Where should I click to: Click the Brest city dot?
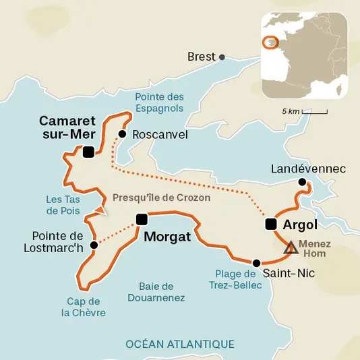[222, 57]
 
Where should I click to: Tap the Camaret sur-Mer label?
[67, 127]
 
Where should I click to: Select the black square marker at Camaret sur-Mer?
[88, 153]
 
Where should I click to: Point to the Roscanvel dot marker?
[122, 134]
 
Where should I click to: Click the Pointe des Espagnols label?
[159, 102]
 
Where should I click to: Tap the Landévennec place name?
[307, 169]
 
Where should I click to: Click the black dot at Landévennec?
[302, 183]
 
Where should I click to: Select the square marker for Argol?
[271, 224]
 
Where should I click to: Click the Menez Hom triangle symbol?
[291, 248]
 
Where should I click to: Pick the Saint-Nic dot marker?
[256, 263]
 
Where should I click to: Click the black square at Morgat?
[142, 219]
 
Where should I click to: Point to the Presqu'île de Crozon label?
[161, 198]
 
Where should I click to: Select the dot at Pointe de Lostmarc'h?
[94, 245]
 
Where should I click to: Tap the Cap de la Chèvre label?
[84, 307]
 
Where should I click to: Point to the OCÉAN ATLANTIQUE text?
[180, 344]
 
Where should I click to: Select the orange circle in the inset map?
[270, 42]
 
